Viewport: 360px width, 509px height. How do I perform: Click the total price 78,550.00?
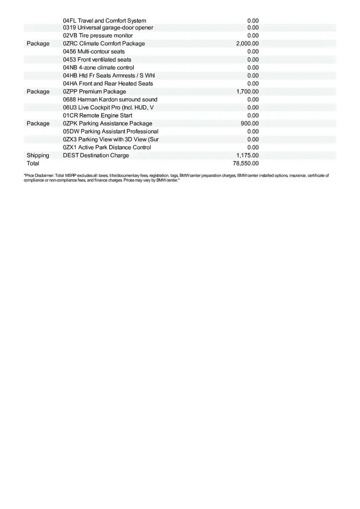[x=246, y=163]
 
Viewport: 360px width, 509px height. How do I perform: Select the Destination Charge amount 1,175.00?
[x=247, y=155]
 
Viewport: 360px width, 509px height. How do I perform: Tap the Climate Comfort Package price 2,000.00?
[x=247, y=43]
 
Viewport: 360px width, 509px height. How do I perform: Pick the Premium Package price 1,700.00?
[x=247, y=91]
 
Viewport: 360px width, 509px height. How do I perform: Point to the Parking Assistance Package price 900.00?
[x=250, y=123]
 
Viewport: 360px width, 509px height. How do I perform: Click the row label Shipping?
[x=38, y=155]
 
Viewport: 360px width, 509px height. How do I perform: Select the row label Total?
[x=33, y=163]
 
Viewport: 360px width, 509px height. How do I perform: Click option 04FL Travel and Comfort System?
[x=104, y=20]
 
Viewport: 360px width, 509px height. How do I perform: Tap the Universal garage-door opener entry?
[x=108, y=28]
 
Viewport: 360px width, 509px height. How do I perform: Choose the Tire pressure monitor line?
[x=98, y=36]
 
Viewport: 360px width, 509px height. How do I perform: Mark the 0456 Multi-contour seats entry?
[x=94, y=51]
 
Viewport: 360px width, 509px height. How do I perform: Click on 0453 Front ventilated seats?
[x=97, y=59]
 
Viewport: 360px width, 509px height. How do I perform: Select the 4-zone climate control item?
[x=98, y=67]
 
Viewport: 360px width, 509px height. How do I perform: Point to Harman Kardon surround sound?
[x=110, y=99]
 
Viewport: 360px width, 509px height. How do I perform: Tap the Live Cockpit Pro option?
[x=108, y=107]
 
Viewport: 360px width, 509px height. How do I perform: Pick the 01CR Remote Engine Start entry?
[x=98, y=115]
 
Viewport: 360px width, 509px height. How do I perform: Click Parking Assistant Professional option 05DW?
[x=110, y=131]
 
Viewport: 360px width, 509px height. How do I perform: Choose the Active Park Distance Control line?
[x=107, y=147]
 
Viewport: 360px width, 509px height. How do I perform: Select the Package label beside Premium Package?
[x=38, y=91]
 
